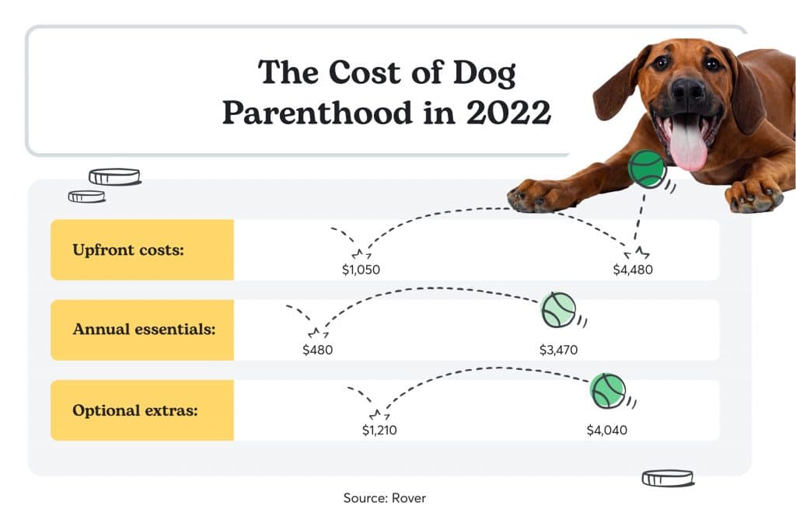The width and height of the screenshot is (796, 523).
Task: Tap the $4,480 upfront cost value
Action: [x=633, y=270]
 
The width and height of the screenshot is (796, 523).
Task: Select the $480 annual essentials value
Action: [x=317, y=350]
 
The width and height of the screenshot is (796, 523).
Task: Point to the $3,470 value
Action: [x=558, y=350]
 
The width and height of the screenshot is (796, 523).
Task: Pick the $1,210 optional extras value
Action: [x=379, y=430]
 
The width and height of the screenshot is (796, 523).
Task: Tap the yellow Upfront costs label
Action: [x=142, y=249]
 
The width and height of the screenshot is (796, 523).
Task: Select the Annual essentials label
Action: [x=142, y=329]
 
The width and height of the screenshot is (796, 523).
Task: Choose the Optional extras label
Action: [x=142, y=410]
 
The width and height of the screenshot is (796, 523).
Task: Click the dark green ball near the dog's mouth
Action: [x=647, y=169]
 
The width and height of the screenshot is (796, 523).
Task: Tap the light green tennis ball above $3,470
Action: [x=559, y=309]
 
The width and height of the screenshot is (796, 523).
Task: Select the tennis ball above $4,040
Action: [x=607, y=390]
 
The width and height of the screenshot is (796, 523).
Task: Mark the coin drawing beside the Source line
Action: [x=667, y=478]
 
